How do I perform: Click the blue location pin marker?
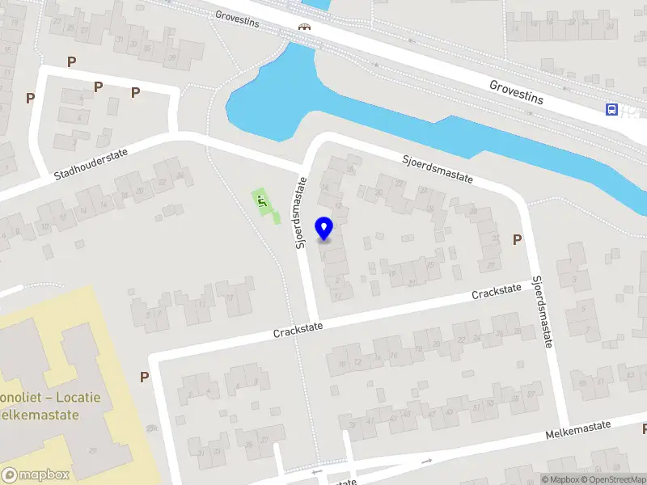[324, 229]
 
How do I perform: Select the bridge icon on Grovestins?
[305, 27]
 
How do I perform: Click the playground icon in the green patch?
[261, 200]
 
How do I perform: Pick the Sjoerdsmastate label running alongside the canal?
[438, 169]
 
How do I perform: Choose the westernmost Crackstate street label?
[298, 328]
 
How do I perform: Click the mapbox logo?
[35, 475]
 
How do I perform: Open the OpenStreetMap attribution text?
[613, 479]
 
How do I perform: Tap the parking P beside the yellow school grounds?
[145, 377]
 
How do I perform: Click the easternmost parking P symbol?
[517, 239]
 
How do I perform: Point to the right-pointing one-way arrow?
[427, 461]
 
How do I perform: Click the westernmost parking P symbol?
[30, 98]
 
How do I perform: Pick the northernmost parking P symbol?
[72, 61]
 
